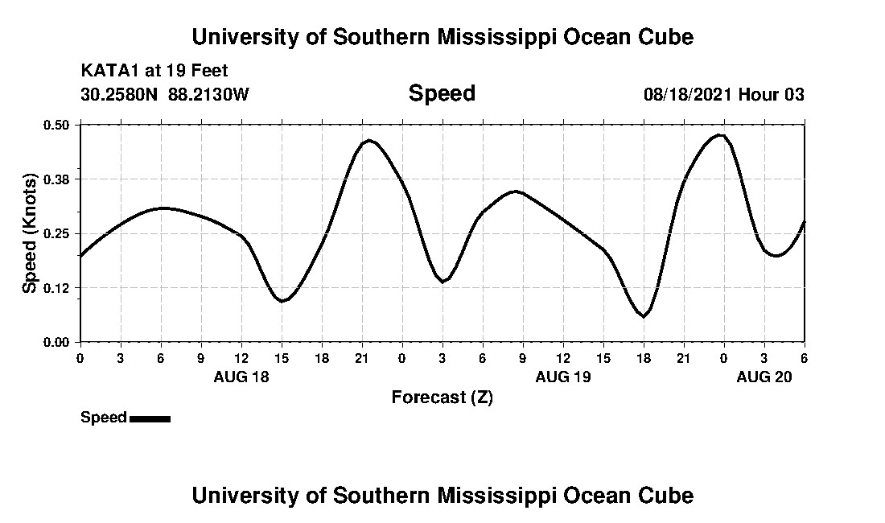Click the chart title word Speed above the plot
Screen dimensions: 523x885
click(442, 93)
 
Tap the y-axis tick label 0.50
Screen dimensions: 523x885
click(58, 125)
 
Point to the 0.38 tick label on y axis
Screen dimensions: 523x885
click(58, 179)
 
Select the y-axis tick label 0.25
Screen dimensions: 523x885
click(58, 233)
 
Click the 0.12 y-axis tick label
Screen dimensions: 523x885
click(58, 288)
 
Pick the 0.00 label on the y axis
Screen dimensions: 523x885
click(58, 342)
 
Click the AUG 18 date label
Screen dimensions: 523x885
click(241, 377)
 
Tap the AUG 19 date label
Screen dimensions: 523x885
click(563, 377)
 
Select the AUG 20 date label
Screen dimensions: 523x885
click(764, 377)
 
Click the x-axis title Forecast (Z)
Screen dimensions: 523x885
click(442, 397)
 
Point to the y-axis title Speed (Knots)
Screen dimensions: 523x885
click(30, 233)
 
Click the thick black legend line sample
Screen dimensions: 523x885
click(150, 418)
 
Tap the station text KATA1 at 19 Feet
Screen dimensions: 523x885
click(154, 71)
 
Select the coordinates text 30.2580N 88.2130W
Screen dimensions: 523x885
click(165, 95)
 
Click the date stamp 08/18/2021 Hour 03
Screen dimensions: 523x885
click(723, 95)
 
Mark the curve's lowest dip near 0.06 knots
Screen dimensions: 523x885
click(643, 316)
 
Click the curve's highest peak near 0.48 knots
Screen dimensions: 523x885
click(720, 135)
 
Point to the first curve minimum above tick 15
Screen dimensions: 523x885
click(282, 301)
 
